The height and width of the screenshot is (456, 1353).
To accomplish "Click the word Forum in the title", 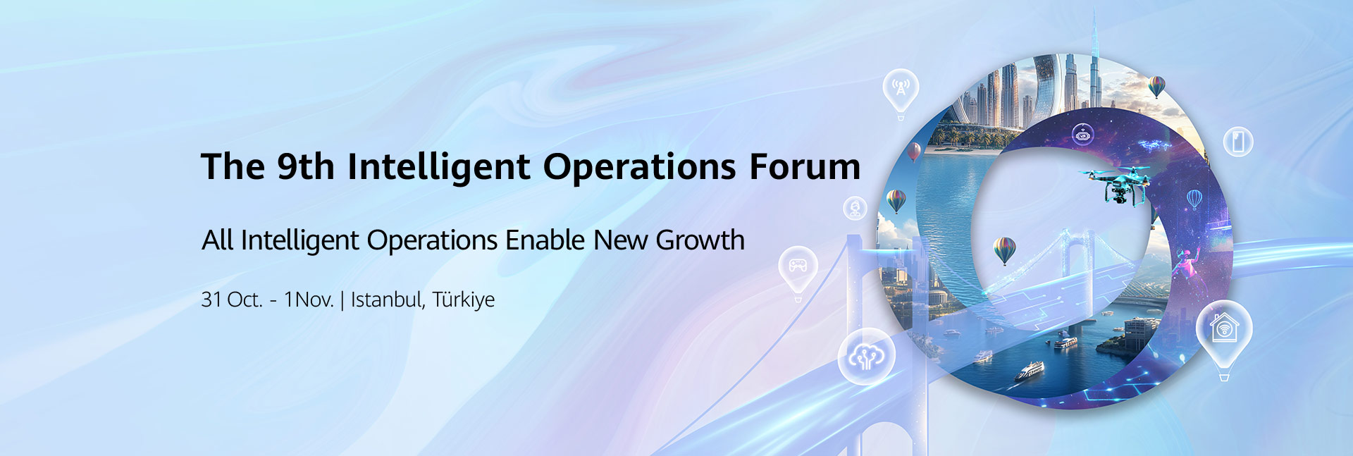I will pos(804,167).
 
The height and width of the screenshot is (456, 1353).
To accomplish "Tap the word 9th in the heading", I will pos(305,167).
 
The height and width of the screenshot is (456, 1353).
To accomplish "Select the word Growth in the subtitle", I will pos(700,240).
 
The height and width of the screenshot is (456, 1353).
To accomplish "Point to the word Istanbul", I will pos(387,300).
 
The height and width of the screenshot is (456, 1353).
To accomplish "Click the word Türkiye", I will pos(463,300).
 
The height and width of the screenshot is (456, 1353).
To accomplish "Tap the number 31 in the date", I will pos(211,300).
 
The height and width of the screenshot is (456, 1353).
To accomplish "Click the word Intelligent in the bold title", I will pos(438,168).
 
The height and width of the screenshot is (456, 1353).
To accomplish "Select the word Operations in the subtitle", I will pos(432,241).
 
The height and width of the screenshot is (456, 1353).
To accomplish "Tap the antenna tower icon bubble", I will pos(901,89).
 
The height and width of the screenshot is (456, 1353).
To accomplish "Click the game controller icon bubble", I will pos(798,266).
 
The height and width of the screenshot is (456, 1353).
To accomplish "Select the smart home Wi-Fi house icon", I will pos(1224,328).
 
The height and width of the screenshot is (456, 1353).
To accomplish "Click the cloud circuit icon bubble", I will pos(866,357).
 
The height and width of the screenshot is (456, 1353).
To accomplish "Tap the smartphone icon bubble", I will pos(1237,142).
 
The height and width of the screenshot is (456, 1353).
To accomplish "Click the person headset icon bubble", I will pos(855,208).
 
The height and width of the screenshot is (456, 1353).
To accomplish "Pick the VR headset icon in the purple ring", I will pos(1082,133).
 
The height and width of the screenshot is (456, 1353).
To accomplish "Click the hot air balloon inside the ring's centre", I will pos(1004,249).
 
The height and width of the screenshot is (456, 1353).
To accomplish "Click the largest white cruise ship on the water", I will pos(1030,371).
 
